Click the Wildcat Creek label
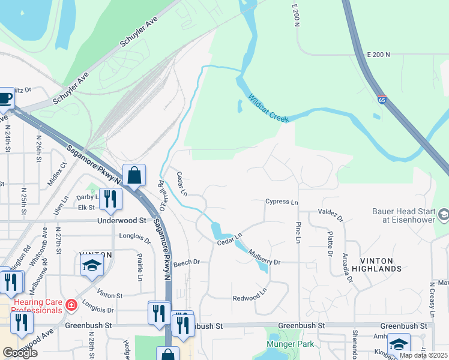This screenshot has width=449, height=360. coord(269,109)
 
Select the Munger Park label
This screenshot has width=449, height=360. coord(291,344)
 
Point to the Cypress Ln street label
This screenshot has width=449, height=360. coord(282,202)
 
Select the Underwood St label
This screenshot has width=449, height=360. coord(121,220)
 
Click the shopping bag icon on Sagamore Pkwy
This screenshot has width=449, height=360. coord(134,176)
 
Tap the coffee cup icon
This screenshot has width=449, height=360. coord(5,98)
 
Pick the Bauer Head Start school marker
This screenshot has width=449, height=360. coord(444,214)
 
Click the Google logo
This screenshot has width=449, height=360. coord(20,353)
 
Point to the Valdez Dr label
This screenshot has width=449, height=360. coord(330,214)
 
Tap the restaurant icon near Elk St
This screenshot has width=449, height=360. coord(109,199)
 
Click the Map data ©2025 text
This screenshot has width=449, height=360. coord(423,355)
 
